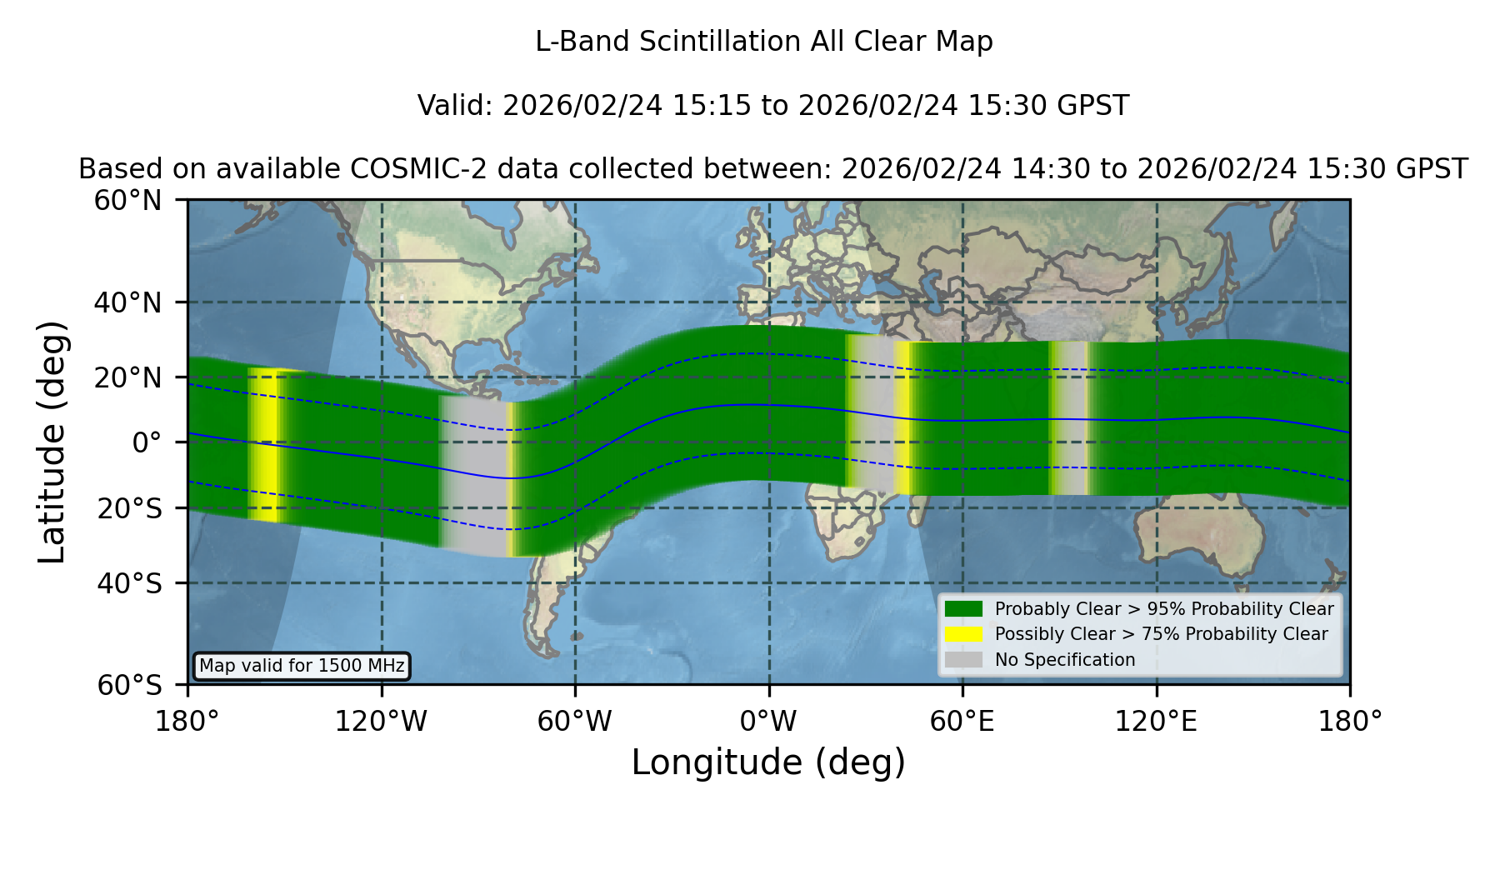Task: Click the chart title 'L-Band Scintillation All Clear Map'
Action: tap(764, 42)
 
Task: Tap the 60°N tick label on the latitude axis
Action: tap(128, 201)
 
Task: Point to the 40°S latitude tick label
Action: tap(129, 583)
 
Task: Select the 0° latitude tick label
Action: tap(147, 442)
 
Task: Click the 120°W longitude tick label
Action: tap(381, 722)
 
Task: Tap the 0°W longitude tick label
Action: tap(768, 722)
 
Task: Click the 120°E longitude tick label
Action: tap(1156, 722)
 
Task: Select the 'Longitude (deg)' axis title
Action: tap(768, 763)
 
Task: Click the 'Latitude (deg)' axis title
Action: tap(52, 442)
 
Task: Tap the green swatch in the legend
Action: tap(964, 609)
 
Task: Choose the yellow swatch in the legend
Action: tap(964, 634)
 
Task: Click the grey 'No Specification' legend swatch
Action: tap(964, 660)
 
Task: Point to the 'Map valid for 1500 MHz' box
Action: tap(302, 666)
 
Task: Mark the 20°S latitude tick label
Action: tap(129, 508)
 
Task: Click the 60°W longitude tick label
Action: tap(574, 722)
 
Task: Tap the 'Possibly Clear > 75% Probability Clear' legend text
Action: tap(1161, 634)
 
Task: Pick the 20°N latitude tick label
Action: tap(128, 377)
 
